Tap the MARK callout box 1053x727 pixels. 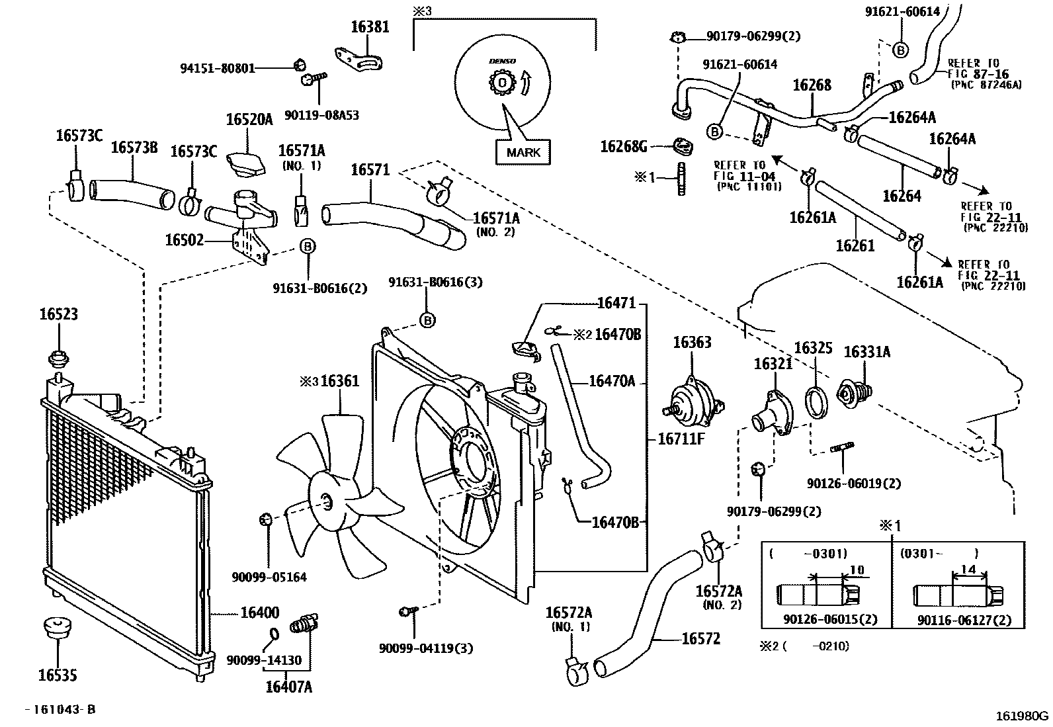[523, 152]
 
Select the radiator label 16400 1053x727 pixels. [259, 613]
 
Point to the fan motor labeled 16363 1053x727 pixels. [693, 402]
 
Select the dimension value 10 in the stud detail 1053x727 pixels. [857, 569]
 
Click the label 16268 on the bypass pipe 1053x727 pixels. [812, 85]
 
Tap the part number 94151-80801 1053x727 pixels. [218, 67]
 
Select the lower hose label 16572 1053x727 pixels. [700, 638]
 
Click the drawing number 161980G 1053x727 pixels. [1023, 715]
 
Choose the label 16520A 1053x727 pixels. [249, 120]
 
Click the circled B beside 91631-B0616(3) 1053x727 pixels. [427, 320]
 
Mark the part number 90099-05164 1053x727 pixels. [269, 577]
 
